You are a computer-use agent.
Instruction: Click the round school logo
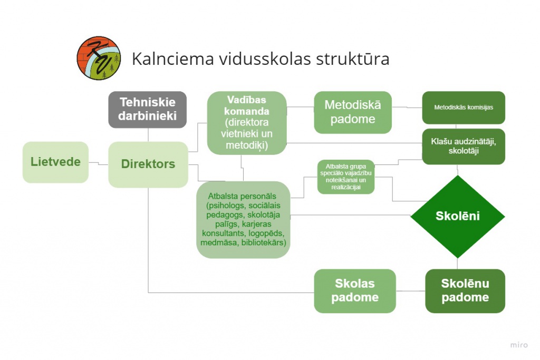[99, 58]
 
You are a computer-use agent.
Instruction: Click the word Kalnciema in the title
[173, 59]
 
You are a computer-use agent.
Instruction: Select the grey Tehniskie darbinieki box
[148, 110]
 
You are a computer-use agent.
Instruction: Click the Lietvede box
[55, 162]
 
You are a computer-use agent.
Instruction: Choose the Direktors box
[148, 164]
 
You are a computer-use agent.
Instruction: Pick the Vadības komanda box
[247, 123]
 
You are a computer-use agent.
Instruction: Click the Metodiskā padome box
[353, 112]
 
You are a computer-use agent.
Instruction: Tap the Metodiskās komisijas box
[464, 108]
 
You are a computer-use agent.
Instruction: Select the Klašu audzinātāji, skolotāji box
[464, 147]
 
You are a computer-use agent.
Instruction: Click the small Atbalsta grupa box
[346, 177]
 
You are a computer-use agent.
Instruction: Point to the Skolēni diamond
[457, 217]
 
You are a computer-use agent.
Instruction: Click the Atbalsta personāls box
[243, 220]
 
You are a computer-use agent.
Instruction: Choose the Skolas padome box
[355, 291]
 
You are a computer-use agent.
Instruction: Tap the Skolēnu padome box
[465, 291]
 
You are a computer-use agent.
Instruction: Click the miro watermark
[519, 345]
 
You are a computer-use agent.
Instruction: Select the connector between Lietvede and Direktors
[99, 163]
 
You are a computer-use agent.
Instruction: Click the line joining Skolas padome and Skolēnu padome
[410, 291]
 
